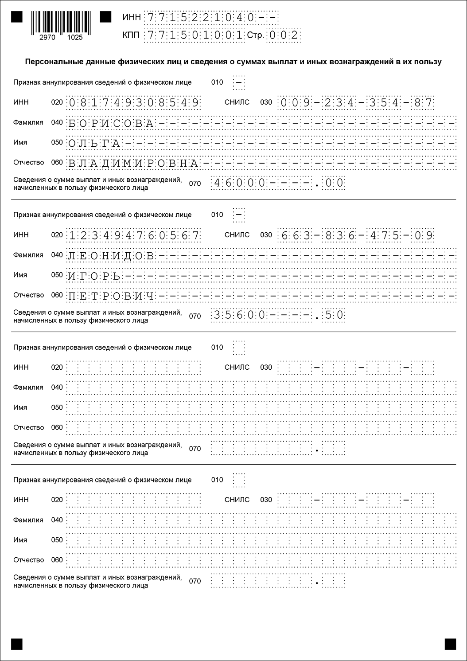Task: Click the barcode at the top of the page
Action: pyautogui.click(x=61, y=22)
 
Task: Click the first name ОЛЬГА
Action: pyautogui.click(x=94, y=143)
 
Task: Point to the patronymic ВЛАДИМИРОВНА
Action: pyautogui.click(x=132, y=164)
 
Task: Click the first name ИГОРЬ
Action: pyautogui.click(x=94, y=276)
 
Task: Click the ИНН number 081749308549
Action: pyautogui.click(x=133, y=103)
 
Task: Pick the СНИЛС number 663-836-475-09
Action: pyautogui.click(x=356, y=235)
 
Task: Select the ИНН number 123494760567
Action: pyautogui.click(x=133, y=235)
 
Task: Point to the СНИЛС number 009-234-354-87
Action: pyautogui.click(x=356, y=103)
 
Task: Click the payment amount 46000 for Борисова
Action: pyautogui.click(x=239, y=183)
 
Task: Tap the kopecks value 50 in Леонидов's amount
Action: pyautogui.click(x=334, y=315)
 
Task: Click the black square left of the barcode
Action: pyautogui.click(x=17, y=17)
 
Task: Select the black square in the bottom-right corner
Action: pyautogui.click(x=450, y=644)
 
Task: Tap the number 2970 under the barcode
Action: pyautogui.click(x=47, y=38)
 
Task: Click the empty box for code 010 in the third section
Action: pyautogui.click(x=239, y=348)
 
